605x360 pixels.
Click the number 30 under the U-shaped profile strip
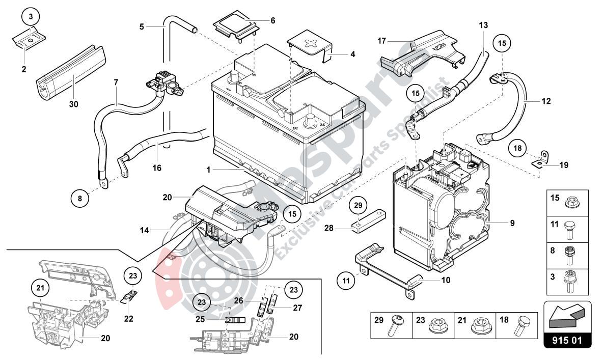tap(75, 104)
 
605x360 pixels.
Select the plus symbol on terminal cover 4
tap(310, 44)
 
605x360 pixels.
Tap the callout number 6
tap(272, 21)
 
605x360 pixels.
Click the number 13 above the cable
tap(483, 25)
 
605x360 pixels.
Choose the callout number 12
tap(546, 101)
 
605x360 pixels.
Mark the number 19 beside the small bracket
tap(563, 165)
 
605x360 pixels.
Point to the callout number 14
tap(145, 231)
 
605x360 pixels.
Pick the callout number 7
tap(116, 82)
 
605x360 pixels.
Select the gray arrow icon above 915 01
tap(567, 316)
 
